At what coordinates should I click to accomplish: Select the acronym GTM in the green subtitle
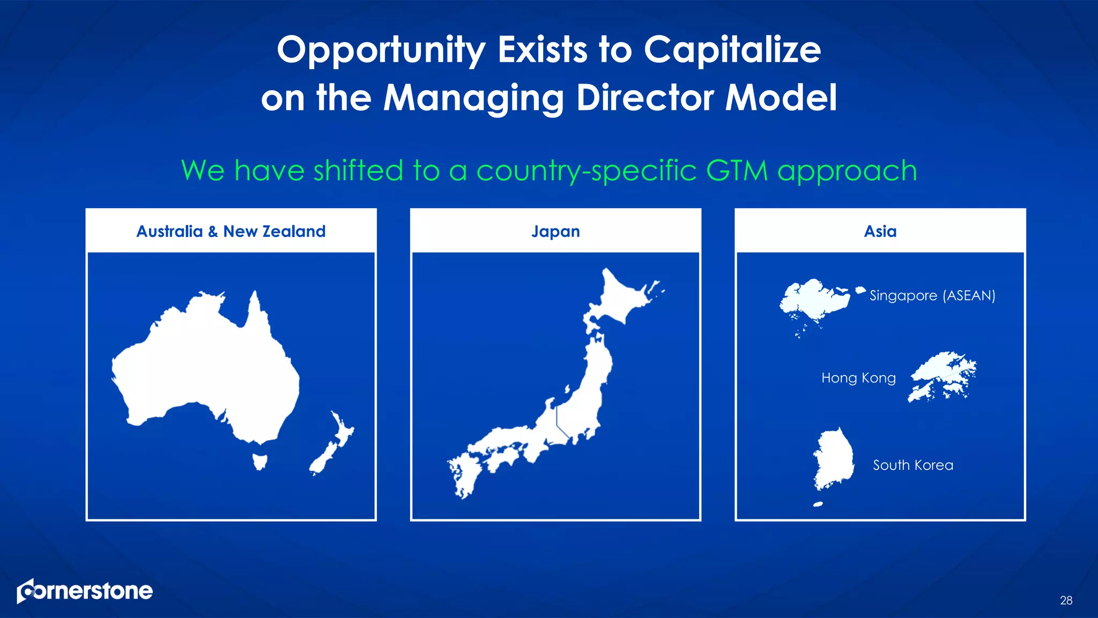pyautogui.click(x=737, y=171)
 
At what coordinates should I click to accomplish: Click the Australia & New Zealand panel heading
pyautogui.click(x=231, y=231)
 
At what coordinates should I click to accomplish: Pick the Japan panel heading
pyautogui.click(x=555, y=231)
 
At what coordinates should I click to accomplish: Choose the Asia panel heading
pyautogui.click(x=880, y=231)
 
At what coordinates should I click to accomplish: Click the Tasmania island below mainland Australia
pyautogui.click(x=260, y=461)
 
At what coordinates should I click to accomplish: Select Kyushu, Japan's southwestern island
pyautogui.click(x=462, y=475)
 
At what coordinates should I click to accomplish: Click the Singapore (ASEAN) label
pyautogui.click(x=932, y=296)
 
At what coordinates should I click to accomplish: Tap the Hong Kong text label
pyautogui.click(x=858, y=378)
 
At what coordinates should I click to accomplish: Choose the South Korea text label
pyautogui.click(x=913, y=465)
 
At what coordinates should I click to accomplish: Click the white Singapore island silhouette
pyautogui.click(x=815, y=300)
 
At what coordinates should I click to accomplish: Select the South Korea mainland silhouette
pyautogui.click(x=834, y=459)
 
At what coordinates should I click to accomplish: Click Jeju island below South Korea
pyautogui.click(x=818, y=504)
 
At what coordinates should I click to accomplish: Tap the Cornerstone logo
pyautogui.click(x=85, y=591)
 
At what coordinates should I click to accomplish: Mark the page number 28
pyautogui.click(x=1066, y=600)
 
